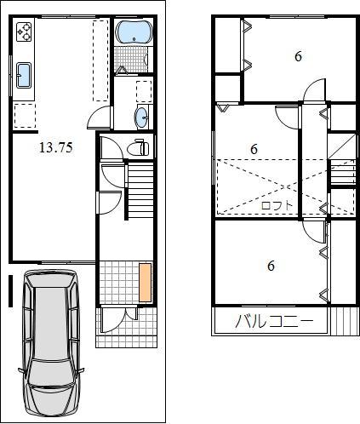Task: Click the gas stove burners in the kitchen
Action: [x=23, y=33]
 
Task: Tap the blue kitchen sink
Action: [x=23, y=75]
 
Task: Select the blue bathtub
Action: [x=133, y=33]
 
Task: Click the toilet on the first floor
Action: [x=136, y=148]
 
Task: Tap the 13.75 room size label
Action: [x=56, y=146]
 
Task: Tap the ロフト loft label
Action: [x=277, y=205]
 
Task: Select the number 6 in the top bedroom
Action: [x=298, y=57]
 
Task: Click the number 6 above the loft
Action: [x=254, y=149]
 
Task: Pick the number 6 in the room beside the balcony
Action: [x=271, y=266]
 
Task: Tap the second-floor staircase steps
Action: [x=342, y=175]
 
